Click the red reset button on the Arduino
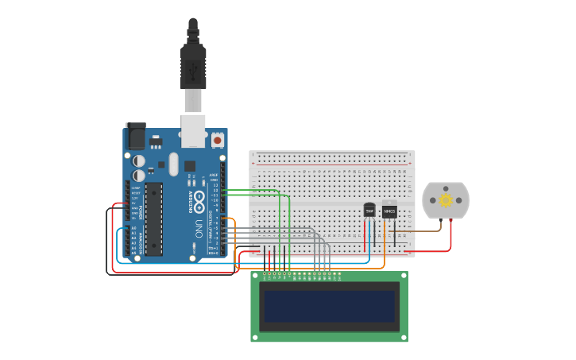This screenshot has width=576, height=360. (217, 141)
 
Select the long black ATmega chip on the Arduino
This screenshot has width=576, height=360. (153, 219)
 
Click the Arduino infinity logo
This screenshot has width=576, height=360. (199, 196)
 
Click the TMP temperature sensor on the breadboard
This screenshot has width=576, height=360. (369, 211)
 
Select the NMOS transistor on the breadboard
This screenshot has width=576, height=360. (389, 211)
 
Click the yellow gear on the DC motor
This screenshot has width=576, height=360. (446, 200)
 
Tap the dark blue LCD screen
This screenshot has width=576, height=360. (330, 306)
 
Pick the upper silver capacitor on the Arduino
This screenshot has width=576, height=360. (139, 160)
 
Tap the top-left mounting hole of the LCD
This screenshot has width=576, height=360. (256, 276)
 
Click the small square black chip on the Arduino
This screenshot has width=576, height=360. (190, 166)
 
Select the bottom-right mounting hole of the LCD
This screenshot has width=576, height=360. (404, 338)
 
